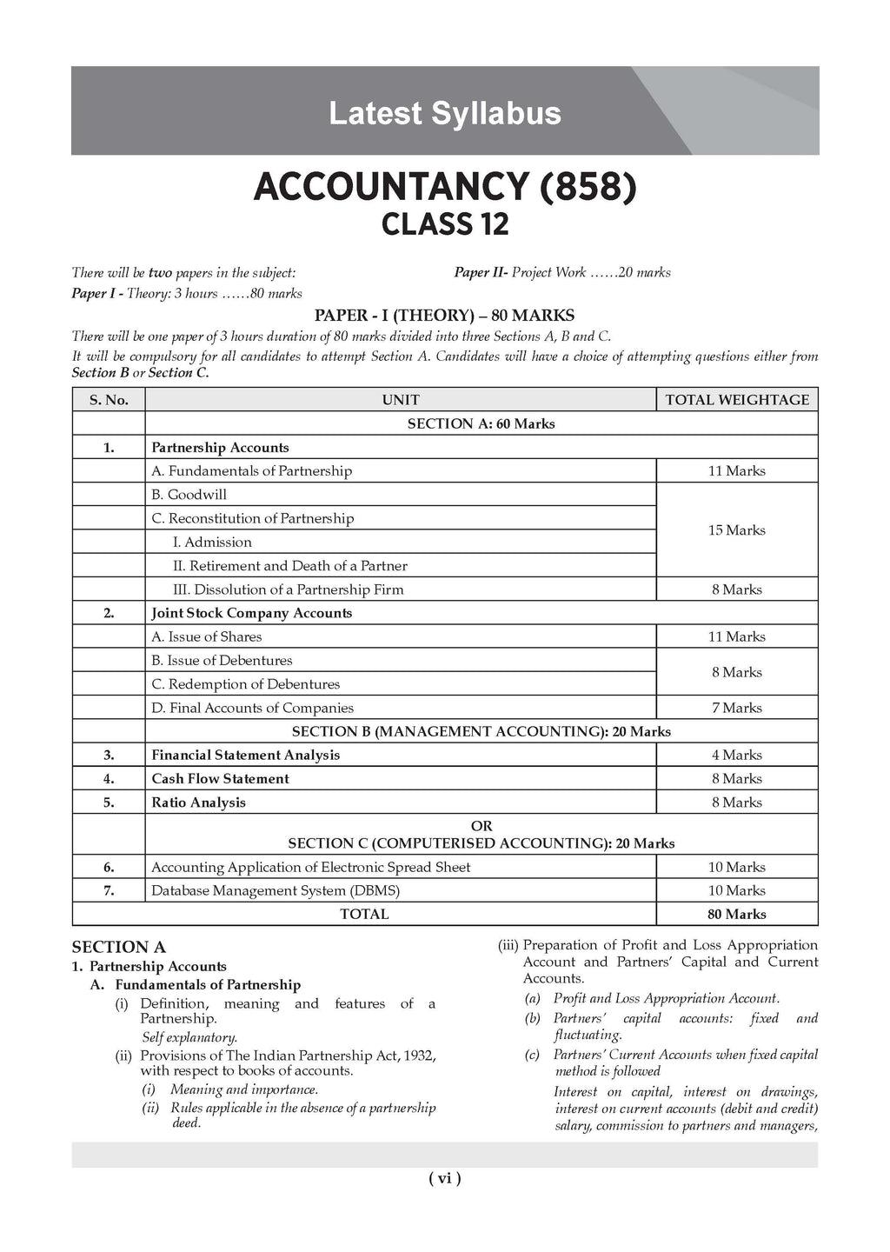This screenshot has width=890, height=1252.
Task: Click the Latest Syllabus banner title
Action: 444,114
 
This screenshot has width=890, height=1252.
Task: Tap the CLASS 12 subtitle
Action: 444,225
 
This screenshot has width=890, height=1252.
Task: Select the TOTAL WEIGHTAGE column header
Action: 736,400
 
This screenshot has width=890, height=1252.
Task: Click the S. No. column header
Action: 109,400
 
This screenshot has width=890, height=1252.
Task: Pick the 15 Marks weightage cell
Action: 736,530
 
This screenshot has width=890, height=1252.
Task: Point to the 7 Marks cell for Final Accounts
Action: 736,708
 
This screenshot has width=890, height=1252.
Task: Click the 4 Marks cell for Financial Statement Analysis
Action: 736,755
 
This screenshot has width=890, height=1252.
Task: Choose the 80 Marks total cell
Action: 736,914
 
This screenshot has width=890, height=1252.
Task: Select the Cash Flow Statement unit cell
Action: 220,779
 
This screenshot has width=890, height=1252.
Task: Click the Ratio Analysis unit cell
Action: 198,802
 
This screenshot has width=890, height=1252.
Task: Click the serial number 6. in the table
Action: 109,867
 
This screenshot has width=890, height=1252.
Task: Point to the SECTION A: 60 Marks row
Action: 481,423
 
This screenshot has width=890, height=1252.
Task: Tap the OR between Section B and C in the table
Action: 481,826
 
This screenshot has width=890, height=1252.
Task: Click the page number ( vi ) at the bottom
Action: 444,1178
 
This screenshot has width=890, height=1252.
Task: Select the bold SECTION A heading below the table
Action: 118,947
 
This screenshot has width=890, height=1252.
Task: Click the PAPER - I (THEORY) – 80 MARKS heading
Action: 444,316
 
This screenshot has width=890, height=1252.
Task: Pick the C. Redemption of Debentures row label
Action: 245,684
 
